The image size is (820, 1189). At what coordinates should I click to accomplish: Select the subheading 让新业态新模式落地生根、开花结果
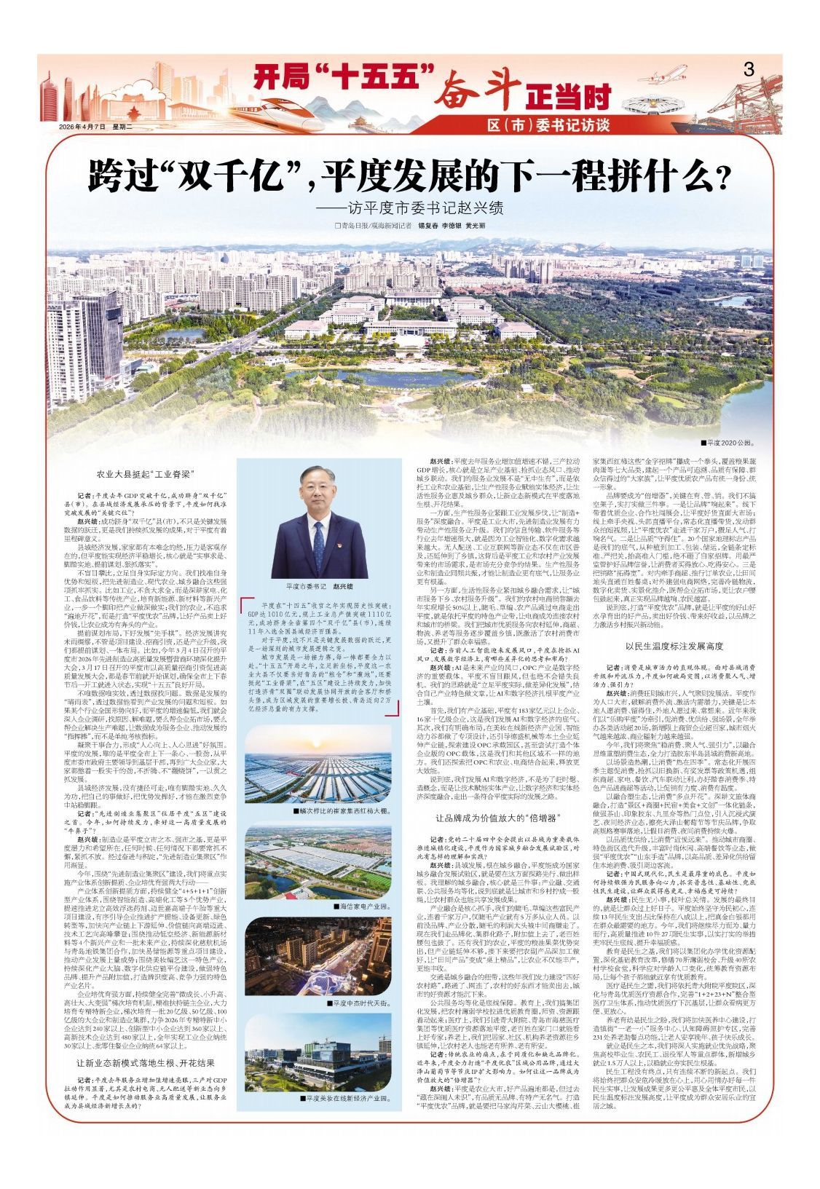point(146,1062)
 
